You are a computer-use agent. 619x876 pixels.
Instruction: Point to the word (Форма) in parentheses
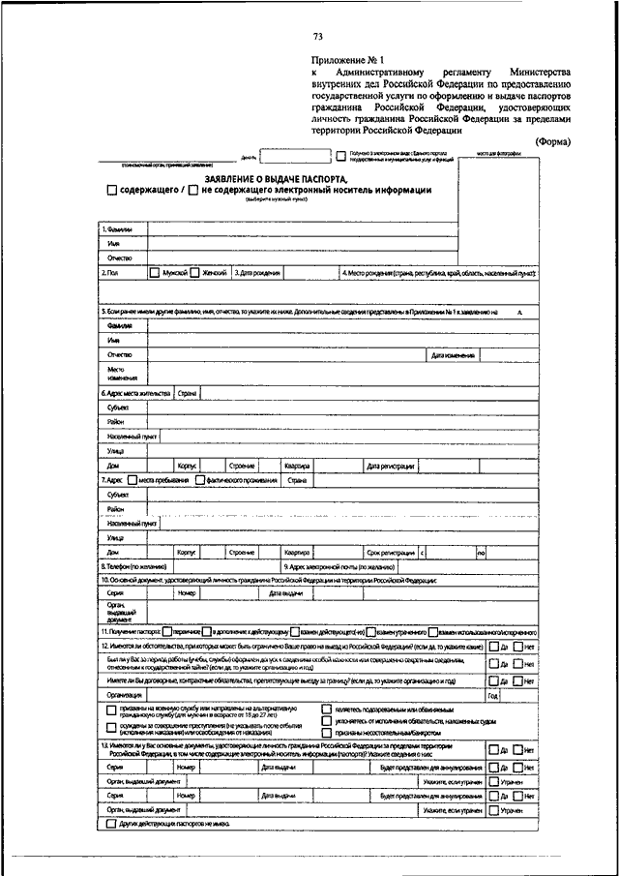point(552,141)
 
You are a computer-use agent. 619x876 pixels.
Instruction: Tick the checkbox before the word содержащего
point(112,191)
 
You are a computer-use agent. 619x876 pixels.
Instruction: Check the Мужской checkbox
point(155,274)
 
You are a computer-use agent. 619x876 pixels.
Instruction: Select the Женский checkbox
point(194,274)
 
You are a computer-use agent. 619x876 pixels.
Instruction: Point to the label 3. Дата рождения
point(258,274)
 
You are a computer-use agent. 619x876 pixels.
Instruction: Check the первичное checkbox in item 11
point(168,631)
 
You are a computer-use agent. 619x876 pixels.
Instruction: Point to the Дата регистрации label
point(392,467)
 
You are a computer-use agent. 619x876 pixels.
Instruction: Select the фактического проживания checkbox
point(199,479)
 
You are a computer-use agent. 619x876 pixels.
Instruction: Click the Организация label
point(127,695)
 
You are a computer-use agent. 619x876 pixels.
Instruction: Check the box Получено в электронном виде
point(341,154)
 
